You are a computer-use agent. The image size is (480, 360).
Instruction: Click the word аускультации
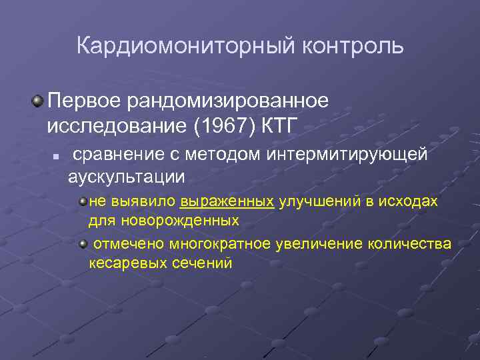126,177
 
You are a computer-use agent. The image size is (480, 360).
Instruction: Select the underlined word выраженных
227,202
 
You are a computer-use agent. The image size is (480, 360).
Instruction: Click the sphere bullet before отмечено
83,245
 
